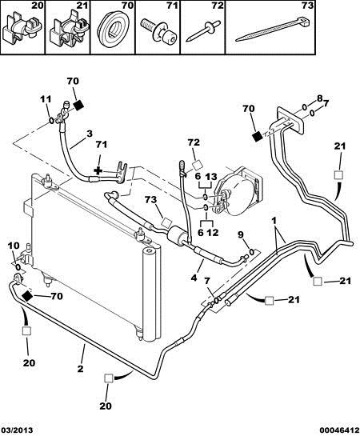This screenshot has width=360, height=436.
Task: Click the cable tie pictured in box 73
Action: [273, 28]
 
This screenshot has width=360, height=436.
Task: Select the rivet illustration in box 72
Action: [203, 30]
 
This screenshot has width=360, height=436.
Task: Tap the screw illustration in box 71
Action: [158, 31]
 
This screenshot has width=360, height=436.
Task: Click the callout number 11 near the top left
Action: [46, 98]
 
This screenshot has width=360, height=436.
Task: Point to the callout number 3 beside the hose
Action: [89, 134]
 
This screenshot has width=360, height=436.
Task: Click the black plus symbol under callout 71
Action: [98, 170]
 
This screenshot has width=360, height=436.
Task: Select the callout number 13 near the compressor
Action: [211, 176]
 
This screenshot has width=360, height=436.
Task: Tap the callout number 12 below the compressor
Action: [212, 232]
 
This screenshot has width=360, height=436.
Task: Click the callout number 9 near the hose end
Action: [241, 235]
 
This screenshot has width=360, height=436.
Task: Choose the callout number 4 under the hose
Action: [194, 278]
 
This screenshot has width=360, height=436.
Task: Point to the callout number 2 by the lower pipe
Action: [80, 369]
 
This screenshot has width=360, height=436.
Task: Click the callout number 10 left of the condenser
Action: [14, 246]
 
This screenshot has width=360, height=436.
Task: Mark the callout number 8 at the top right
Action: [319, 98]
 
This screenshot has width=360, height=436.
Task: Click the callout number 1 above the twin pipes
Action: [274, 221]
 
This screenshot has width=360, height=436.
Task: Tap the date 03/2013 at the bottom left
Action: [17, 430]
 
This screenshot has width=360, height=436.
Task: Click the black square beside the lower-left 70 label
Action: [28, 296]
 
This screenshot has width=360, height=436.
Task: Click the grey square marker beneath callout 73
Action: [167, 222]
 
